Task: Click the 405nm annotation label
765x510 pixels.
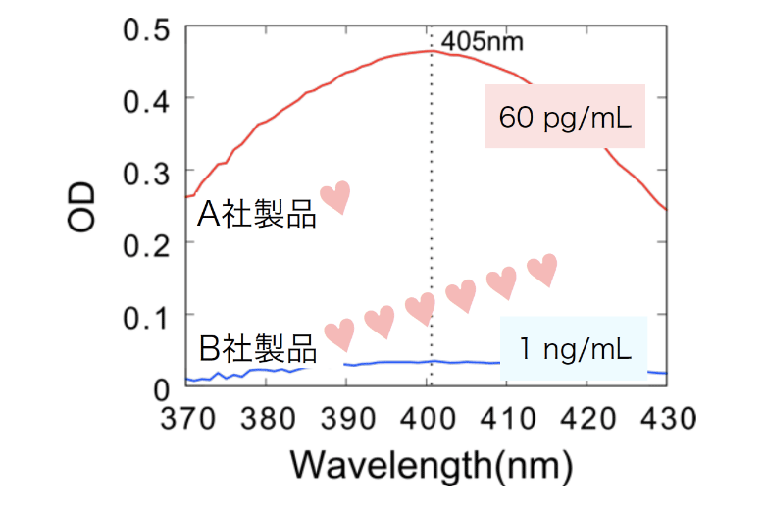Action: coord(483,42)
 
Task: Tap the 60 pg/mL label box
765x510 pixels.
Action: coord(566,117)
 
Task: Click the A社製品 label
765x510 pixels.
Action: coord(257,215)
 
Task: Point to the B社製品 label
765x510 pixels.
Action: coord(258,348)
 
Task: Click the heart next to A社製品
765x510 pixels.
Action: coord(335,197)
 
